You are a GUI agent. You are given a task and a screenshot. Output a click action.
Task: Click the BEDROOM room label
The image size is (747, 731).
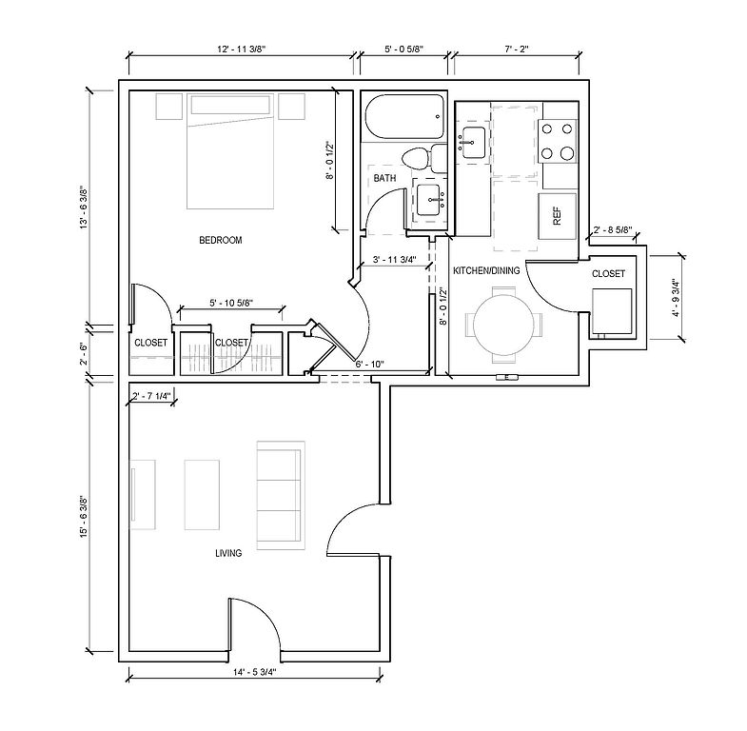[221, 240]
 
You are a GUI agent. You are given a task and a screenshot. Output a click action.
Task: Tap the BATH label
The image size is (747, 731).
[385, 178]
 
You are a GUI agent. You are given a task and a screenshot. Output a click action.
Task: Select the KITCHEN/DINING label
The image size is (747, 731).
[486, 270]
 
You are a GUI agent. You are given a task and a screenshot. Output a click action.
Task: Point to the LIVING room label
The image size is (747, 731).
[228, 553]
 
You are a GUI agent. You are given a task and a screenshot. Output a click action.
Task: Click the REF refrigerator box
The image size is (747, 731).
[558, 216]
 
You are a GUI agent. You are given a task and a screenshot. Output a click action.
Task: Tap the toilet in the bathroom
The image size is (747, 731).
[424, 159]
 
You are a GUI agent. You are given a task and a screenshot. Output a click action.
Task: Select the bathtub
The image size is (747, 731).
[404, 117]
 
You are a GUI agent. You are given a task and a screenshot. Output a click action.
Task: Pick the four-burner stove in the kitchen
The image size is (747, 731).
[557, 141]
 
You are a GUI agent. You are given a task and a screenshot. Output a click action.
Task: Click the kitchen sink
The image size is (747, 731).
[472, 143]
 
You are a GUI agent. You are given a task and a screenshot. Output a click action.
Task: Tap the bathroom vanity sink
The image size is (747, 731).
[431, 200]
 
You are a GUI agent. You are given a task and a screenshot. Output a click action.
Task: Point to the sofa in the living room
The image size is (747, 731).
[281, 496]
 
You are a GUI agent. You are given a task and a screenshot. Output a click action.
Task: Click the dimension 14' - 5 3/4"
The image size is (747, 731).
[255, 672]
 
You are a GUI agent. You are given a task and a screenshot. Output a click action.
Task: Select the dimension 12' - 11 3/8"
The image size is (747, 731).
[242, 49]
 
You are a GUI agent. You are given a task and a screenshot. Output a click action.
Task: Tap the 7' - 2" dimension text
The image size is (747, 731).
[517, 49]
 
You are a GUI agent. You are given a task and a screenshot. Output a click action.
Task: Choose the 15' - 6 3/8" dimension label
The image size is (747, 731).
[84, 518]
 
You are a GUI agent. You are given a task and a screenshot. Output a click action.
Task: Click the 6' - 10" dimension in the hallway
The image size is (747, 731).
[370, 365]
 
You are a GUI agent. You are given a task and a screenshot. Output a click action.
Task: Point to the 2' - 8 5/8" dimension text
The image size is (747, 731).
[613, 230]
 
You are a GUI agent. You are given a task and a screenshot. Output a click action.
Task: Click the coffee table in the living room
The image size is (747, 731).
[202, 495]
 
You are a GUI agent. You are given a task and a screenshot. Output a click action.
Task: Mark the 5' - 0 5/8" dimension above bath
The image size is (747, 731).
[403, 49]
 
